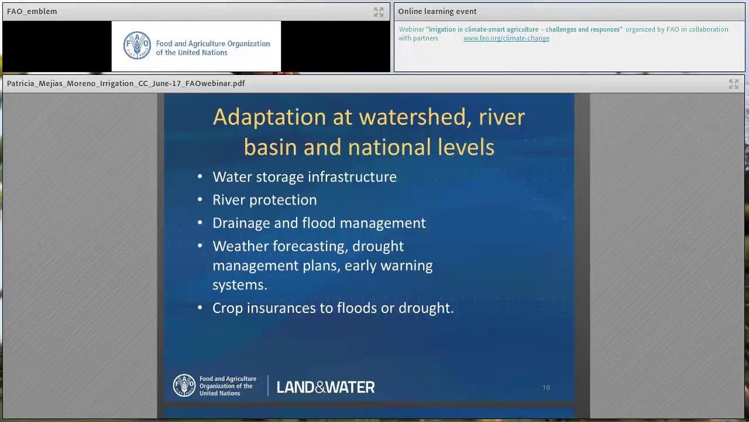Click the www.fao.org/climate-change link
coord(506,38)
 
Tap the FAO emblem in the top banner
coord(137,46)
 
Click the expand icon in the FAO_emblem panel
coord(379,12)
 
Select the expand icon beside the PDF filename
coord(733,84)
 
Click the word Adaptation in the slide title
coord(269,117)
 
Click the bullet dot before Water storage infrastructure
coord(200,177)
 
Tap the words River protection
coord(264,200)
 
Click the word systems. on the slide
coord(239,285)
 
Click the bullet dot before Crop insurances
coord(200,308)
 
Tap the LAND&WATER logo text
coord(325,387)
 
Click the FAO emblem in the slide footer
coord(184,386)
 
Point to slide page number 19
coord(546,387)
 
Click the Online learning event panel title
coord(437,12)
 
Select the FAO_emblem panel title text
coord(32,12)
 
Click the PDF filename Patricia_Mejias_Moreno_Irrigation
coord(126,84)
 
